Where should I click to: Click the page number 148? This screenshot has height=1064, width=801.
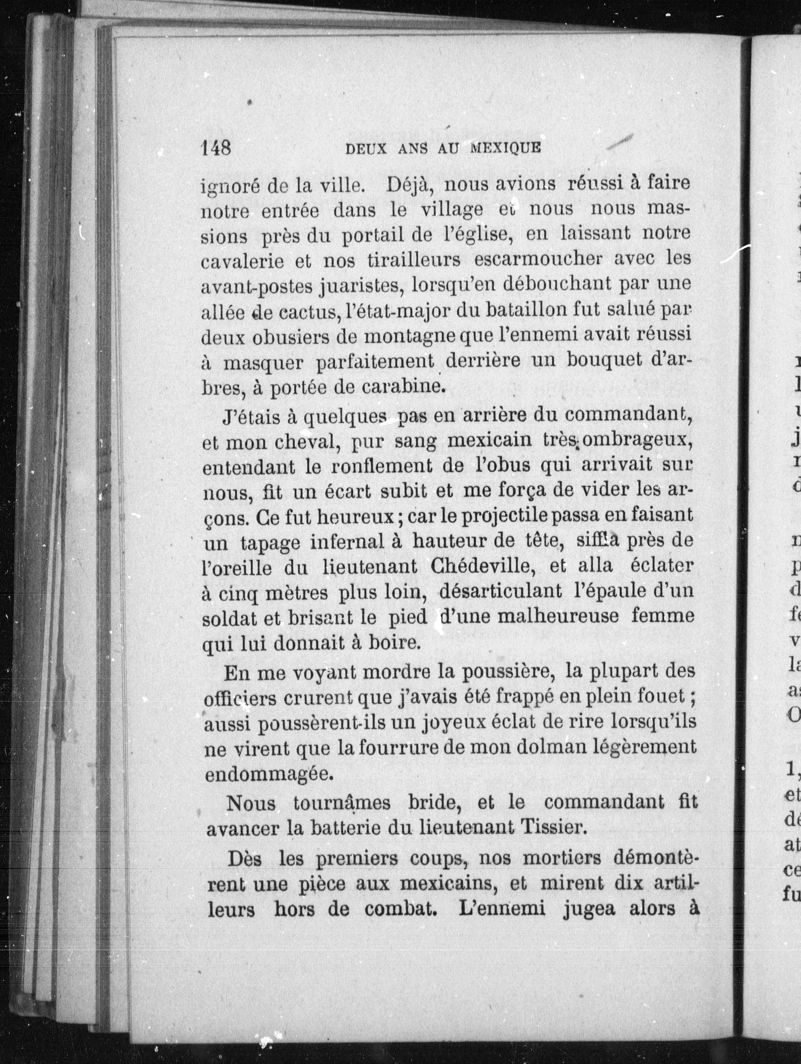coord(216,148)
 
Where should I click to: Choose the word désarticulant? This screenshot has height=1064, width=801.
coord(500,591)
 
